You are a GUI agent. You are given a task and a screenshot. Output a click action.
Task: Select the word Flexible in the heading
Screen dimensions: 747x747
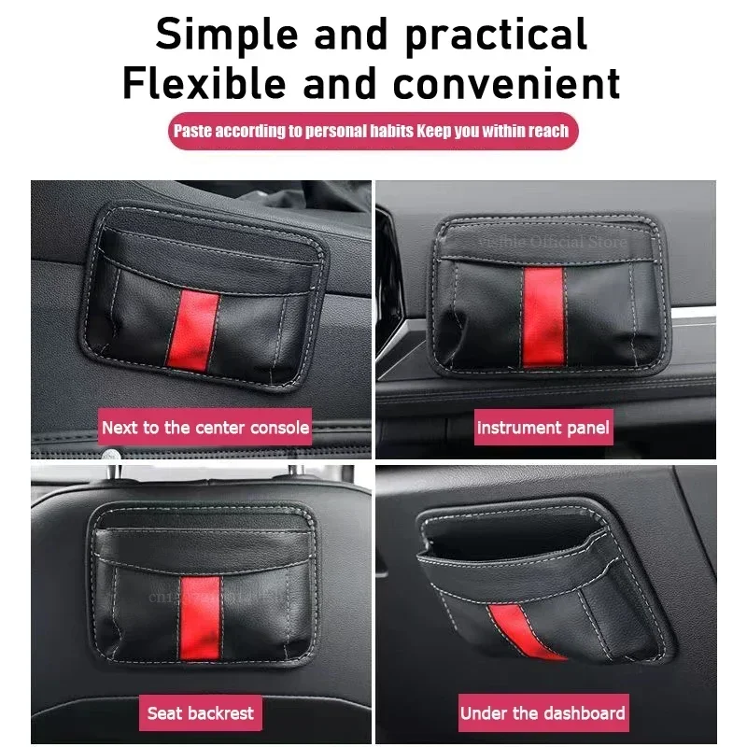pos(204,83)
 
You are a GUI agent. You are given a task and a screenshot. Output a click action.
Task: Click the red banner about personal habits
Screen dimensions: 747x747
pos(373,131)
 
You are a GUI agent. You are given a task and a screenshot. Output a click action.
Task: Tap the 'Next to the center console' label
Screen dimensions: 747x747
pos(205,428)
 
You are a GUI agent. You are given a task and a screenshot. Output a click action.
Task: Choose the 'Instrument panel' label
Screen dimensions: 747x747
pos(543,429)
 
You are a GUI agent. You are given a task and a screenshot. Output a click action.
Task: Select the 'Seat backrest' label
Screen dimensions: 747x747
pos(201,713)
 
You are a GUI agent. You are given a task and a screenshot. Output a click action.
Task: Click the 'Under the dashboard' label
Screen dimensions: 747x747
pos(543,713)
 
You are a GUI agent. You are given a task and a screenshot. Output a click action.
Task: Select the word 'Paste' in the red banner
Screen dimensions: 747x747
pos(192,131)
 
